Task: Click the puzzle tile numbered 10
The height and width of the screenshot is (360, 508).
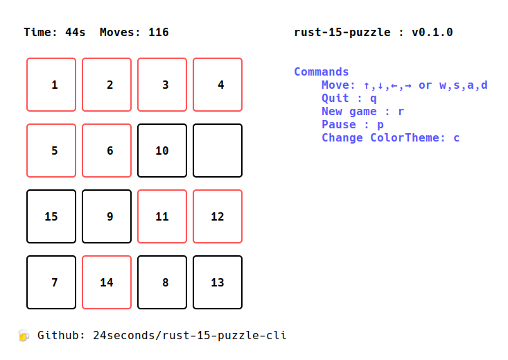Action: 162,151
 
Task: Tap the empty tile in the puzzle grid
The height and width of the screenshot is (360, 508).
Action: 218,151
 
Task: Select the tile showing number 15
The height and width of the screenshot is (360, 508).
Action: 51,216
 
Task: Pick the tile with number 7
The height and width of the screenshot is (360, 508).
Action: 51,282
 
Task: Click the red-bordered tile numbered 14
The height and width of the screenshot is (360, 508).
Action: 107,282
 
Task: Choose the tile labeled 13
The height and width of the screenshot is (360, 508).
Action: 218,282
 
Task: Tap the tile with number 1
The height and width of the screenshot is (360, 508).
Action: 51,85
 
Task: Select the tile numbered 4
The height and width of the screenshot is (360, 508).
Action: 218,85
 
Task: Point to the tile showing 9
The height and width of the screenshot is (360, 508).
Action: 107,216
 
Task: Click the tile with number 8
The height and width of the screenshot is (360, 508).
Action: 162,282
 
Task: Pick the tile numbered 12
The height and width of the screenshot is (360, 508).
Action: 218,216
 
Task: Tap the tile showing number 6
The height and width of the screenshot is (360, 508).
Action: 107,151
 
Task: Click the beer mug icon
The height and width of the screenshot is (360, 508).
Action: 24,335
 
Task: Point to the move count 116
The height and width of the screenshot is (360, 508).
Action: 159,32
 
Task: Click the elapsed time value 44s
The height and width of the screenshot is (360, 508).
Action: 75,32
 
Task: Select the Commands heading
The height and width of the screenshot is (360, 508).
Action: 322,71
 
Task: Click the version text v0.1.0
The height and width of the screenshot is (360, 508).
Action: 432,32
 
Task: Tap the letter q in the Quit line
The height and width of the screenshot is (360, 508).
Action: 374,98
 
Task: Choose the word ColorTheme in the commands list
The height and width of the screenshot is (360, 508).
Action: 405,137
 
